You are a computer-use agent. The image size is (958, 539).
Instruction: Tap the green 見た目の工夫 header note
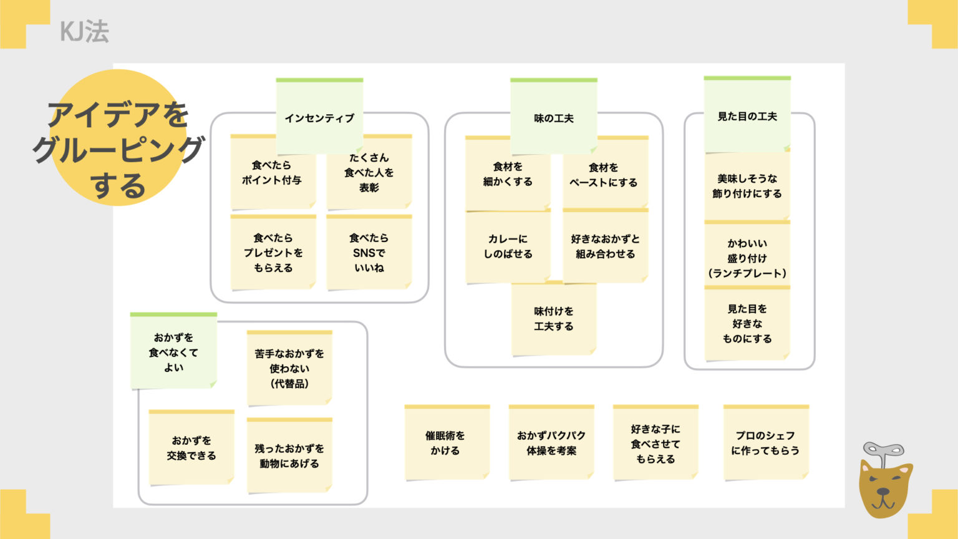click(747, 115)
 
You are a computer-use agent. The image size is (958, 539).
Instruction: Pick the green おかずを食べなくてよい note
click(173, 352)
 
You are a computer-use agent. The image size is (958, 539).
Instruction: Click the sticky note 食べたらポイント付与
click(272, 173)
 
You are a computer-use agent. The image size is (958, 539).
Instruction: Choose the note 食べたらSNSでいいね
click(369, 253)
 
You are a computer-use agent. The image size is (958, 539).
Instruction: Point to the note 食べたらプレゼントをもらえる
click(273, 253)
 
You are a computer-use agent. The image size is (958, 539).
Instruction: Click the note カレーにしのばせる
click(508, 246)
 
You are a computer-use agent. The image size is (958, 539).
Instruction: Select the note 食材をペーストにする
click(604, 175)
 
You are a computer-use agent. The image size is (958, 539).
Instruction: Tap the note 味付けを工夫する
click(553, 319)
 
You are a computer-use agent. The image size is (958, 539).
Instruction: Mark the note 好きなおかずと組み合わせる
click(605, 246)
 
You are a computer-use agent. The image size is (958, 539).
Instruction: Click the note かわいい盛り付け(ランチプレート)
click(747, 258)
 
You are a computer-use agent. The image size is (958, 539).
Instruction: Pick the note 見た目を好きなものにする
click(747, 324)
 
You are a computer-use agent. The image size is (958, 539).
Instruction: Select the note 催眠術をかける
click(445, 443)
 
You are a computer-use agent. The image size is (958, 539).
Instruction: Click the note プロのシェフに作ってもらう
click(765, 443)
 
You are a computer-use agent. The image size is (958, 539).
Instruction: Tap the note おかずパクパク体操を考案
click(551, 443)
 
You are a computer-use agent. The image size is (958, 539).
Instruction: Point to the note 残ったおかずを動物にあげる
click(289, 456)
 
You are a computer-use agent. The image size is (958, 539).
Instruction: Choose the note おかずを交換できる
click(191, 448)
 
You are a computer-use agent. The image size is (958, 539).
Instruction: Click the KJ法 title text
click(84, 31)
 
